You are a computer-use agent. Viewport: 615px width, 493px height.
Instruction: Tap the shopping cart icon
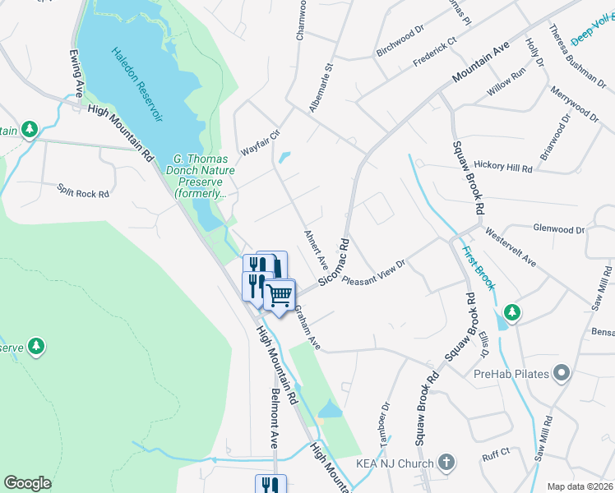point(280,294)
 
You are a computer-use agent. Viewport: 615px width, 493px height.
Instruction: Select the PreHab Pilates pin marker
point(562,375)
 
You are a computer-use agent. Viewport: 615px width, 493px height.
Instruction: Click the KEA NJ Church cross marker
point(446,463)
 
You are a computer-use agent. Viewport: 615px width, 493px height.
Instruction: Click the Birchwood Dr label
point(400,40)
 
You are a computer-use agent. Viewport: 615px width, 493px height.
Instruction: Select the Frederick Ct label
point(434,51)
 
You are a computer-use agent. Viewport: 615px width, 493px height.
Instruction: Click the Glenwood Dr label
point(558,230)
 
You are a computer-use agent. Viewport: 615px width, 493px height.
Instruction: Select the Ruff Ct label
point(496,452)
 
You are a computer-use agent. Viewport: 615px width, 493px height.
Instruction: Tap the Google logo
point(27,483)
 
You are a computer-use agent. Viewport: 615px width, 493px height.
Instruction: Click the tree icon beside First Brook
point(512,312)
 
